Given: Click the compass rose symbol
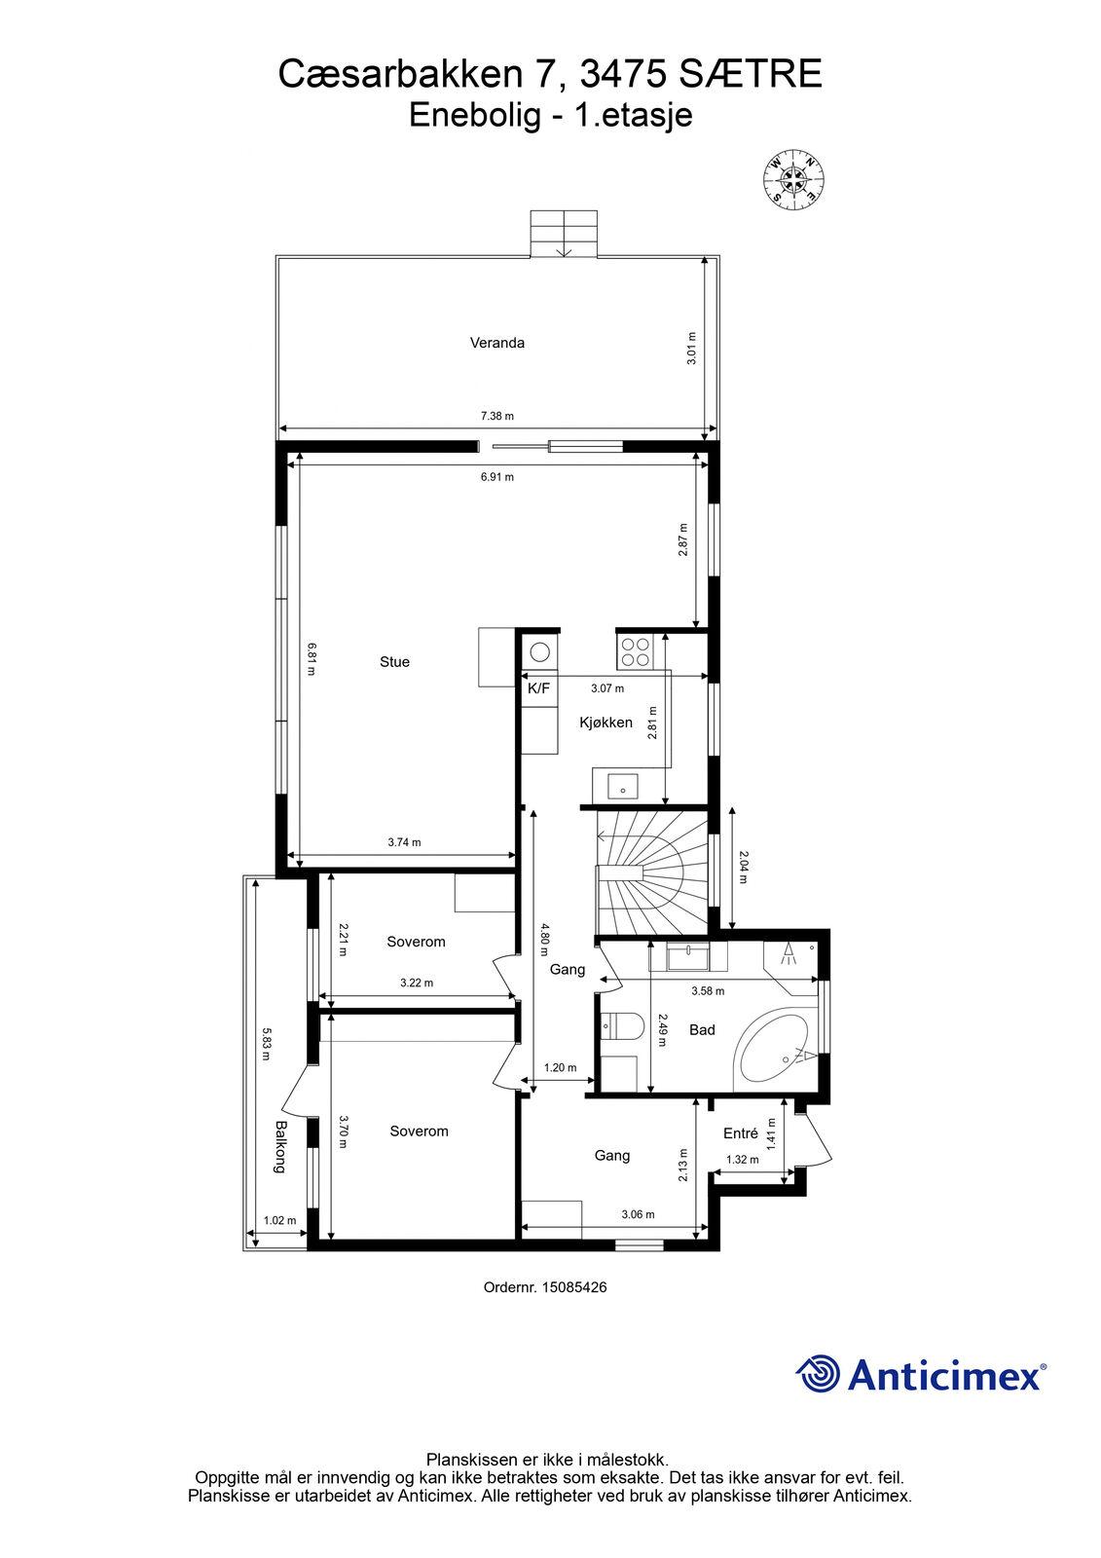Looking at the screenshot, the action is (794, 179).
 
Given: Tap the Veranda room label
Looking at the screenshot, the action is (496, 342).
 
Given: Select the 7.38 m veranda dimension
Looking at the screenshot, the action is (496, 416).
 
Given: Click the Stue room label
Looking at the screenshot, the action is (394, 661).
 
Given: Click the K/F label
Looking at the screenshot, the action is (538, 687).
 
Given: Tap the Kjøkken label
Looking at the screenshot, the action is (606, 722).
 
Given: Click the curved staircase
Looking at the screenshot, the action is (652, 872).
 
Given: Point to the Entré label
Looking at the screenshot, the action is (740, 1133).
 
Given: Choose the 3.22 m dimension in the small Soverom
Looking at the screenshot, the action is (417, 983).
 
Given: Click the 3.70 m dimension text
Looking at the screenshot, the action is (343, 1131).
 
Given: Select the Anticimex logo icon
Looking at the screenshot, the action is (818, 1373).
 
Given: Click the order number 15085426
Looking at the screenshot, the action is (573, 1286).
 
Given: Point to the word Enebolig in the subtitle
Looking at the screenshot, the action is (474, 115).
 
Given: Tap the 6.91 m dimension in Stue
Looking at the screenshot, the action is (496, 477).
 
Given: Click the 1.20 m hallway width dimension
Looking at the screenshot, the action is (560, 1067).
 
